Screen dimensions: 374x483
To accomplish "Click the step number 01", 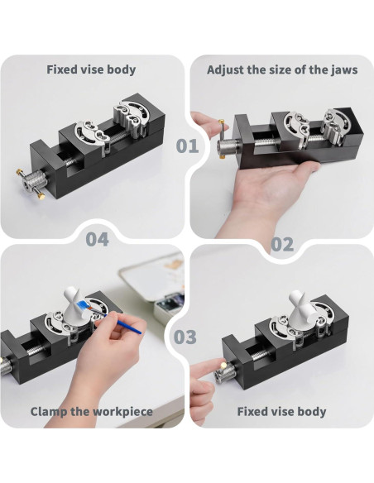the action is (187, 146).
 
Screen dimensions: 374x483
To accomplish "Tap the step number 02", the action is (282, 245).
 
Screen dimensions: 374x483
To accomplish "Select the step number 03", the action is (185, 337).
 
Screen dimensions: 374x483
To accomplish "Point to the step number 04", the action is (98, 239).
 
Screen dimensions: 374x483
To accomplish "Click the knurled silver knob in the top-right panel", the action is (228, 146).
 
